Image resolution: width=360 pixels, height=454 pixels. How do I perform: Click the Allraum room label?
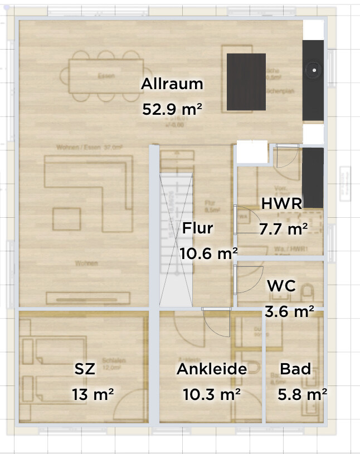pos(172,85)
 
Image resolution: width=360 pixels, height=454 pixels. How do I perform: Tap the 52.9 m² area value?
pos(172,109)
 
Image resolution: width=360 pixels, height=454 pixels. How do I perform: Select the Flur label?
pos(197,228)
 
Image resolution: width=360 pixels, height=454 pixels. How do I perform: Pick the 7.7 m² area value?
pos(284,228)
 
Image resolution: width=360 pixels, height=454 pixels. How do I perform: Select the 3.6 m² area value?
pos(289,311)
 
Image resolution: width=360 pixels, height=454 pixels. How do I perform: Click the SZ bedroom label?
pos(85,369)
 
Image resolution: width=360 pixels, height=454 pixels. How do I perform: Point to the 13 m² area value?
pos(93,394)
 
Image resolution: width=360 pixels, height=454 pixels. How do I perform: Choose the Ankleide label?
pos(212,369)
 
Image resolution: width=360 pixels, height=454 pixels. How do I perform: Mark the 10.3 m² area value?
pos(212,394)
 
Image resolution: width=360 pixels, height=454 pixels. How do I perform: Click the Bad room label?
pos(295,369)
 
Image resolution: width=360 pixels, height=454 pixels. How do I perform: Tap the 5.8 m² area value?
pos(302,394)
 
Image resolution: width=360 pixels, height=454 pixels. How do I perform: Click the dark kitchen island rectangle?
pos(246,82)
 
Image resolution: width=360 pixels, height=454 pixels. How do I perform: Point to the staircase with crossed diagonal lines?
pos(176,240)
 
